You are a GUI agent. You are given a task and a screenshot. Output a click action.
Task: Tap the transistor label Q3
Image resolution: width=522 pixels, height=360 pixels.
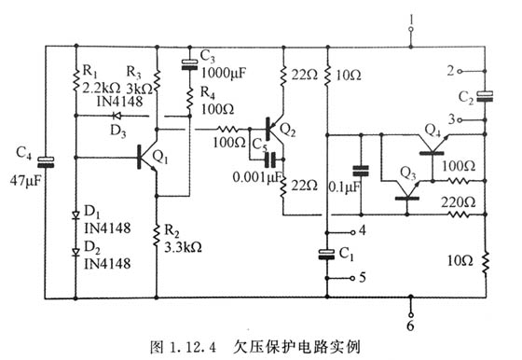407,173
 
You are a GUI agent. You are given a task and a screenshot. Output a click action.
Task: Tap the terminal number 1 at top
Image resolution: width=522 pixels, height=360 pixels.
410,16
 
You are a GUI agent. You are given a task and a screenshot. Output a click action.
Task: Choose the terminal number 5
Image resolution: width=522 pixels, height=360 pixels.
364,276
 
